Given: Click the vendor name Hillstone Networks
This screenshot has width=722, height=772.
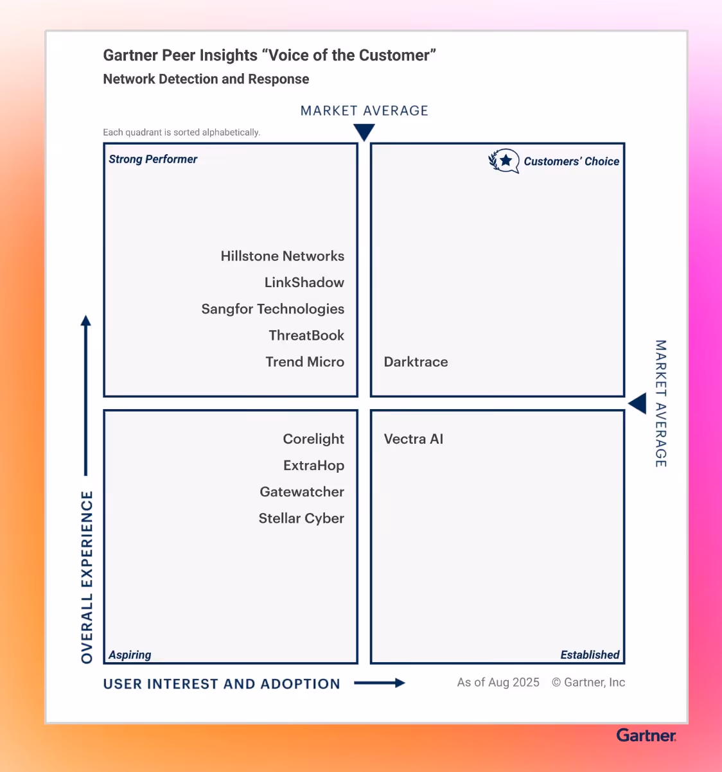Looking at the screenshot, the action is tap(282, 256).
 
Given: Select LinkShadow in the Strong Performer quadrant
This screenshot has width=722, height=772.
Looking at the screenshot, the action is tap(304, 283).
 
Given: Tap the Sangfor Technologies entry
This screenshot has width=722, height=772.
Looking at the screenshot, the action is tap(272, 309).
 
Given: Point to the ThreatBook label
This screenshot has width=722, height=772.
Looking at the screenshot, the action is tap(306, 335).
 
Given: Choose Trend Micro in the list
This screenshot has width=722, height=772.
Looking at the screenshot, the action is tap(304, 362).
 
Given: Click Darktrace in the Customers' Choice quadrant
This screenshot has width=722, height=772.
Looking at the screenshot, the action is tap(416, 362).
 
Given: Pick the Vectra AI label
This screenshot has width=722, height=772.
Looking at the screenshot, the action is tap(413, 439).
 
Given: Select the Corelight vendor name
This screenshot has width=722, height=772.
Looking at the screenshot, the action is tap(313, 439).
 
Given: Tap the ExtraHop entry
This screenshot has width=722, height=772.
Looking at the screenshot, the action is tap(313, 466).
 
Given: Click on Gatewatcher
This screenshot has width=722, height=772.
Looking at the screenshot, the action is tap(302, 492).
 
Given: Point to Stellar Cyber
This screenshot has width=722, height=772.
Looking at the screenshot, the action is tap(301, 518).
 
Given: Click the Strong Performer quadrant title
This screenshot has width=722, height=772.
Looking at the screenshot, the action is tap(153, 159).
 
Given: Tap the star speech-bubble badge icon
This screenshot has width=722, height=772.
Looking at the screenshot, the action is tap(504, 161).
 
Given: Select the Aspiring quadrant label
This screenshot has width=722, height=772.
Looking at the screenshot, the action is tap(130, 655).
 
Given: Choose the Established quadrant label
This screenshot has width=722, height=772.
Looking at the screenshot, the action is tap(590, 655).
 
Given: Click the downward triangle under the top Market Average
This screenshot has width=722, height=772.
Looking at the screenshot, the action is tap(364, 132).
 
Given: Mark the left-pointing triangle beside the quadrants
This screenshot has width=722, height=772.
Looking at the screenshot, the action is tap(637, 404).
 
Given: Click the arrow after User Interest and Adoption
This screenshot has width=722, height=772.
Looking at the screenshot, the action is tap(380, 683).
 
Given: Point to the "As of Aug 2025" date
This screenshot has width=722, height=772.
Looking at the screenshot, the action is tap(498, 683).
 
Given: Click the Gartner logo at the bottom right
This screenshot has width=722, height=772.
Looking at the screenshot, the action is tap(646, 735).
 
